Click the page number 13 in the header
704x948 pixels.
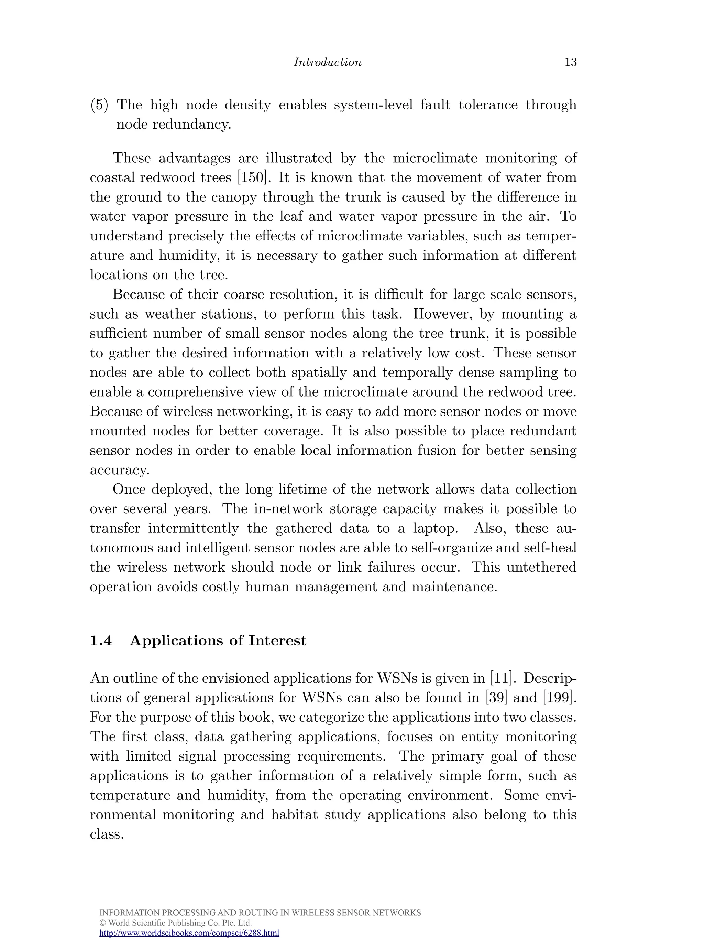click(x=570, y=62)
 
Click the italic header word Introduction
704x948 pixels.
click(x=327, y=62)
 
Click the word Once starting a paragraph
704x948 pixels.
click(x=129, y=489)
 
